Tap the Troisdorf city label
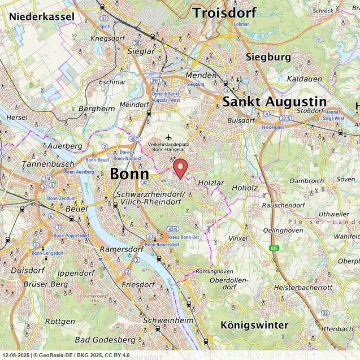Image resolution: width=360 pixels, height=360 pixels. (x=224, y=12)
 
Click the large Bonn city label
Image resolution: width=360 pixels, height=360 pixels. (x=129, y=174)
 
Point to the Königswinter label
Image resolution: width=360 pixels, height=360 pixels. (x=255, y=325)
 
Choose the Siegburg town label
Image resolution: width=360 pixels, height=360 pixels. (x=268, y=57)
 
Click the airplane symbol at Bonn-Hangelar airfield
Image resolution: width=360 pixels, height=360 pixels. (x=168, y=137)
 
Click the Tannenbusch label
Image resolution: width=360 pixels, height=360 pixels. (x=40, y=164)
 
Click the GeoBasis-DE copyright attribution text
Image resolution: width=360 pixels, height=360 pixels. (x=85, y=355)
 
